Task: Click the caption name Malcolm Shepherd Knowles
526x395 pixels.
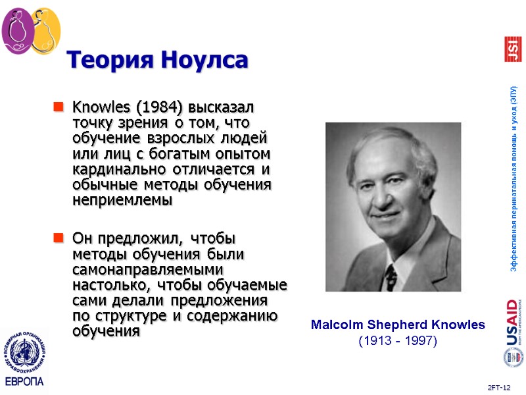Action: click(397, 325)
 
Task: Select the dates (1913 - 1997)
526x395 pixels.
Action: click(397, 341)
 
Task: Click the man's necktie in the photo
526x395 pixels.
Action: click(391, 276)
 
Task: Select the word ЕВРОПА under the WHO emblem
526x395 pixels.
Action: click(24, 382)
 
